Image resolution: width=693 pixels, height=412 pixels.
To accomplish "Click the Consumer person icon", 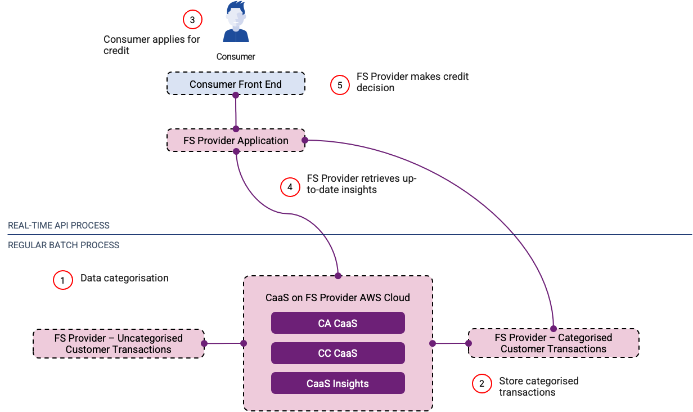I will click(236, 23).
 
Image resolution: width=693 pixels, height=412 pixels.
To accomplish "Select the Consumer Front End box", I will click(236, 84).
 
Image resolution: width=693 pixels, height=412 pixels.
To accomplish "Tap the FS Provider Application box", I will click(236, 140).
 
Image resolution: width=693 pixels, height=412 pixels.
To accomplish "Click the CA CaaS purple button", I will click(337, 323).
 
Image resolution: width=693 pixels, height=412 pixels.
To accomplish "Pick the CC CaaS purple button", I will click(337, 353).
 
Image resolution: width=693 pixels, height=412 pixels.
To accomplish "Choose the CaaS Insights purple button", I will click(337, 383).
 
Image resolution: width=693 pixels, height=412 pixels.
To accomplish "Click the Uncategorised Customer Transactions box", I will click(119, 343).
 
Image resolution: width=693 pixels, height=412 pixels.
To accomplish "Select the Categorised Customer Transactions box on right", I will click(553, 343).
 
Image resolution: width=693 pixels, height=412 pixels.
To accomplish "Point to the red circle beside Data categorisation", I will click(63, 280).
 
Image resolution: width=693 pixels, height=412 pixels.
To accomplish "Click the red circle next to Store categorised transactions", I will click(482, 383).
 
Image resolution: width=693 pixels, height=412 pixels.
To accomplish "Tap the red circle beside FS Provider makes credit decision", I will click(340, 85).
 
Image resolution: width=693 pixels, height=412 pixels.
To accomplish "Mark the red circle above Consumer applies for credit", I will click(192, 20).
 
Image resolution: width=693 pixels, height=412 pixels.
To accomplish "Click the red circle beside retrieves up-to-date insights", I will click(290, 187).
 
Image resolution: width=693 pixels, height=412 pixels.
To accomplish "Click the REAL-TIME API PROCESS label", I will click(59, 225).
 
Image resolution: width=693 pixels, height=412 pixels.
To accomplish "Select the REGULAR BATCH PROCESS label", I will click(64, 245).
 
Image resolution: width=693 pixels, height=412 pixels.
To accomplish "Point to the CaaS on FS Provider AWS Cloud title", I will click(337, 298).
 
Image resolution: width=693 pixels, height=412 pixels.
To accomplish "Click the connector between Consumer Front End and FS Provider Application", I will click(236, 112).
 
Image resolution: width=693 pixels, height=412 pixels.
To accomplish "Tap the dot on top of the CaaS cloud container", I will click(338, 276).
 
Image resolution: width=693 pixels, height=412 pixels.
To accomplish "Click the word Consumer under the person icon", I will click(236, 56).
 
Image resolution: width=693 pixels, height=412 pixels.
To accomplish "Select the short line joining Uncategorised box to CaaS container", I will click(224, 343).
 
